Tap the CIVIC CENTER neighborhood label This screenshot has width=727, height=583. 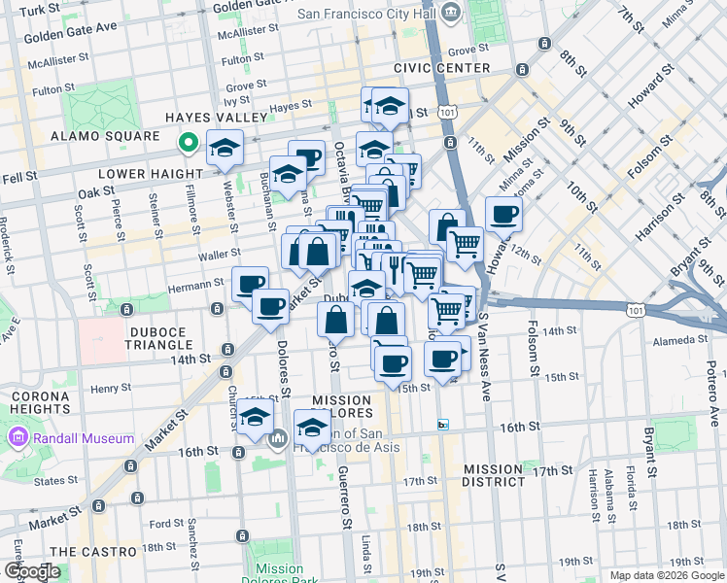(x=442, y=68)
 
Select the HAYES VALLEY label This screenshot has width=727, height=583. (x=215, y=117)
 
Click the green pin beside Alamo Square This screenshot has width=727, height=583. (x=188, y=144)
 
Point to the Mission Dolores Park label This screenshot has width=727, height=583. (x=279, y=575)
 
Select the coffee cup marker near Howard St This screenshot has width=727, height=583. (x=502, y=215)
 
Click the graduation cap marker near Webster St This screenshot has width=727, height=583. (x=225, y=148)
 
